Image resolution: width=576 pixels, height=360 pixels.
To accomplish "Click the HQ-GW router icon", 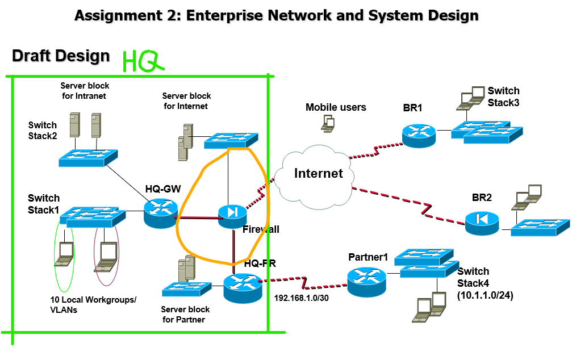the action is [161, 214].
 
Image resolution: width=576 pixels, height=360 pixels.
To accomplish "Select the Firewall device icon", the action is [232, 217].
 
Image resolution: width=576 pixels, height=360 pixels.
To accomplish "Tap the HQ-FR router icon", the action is [243, 288].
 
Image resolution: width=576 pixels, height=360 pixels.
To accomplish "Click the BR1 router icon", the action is [419, 136].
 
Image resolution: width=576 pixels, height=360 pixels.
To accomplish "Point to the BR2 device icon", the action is [482, 223].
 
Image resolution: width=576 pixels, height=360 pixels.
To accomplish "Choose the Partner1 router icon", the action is [366, 282].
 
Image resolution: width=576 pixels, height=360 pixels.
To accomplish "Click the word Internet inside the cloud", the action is [319, 173].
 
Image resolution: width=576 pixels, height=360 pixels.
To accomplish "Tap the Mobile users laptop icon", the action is [328, 123].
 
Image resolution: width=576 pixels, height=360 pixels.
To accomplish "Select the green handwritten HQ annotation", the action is [143, 61].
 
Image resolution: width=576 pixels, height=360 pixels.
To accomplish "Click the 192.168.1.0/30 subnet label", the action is [302, 298].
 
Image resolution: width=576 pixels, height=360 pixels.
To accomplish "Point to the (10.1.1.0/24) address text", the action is [485, 295].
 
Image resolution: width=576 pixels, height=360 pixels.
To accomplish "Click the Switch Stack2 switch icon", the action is [88, 158].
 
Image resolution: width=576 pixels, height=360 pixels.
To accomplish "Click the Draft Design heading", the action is [61, 56].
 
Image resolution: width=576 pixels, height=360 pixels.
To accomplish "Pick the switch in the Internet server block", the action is [231, 141].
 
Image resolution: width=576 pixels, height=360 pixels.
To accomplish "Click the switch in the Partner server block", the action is [187, 288].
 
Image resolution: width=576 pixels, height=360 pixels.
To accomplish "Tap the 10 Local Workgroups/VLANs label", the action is [93, 305].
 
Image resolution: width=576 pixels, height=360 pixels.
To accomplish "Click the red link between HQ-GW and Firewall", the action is [198, 218].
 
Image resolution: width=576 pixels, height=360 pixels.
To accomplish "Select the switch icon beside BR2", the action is [540, 227].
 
